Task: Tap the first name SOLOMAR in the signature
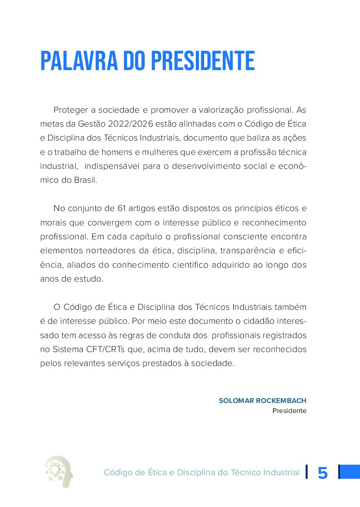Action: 236,400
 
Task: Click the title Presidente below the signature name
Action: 289,411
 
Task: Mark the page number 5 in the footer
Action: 323,473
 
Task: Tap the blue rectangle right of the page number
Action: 349,472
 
